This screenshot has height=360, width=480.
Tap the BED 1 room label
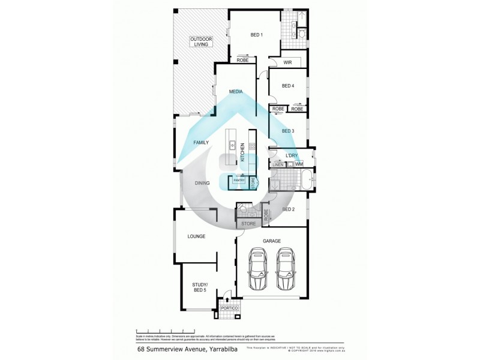[x=257, y=35]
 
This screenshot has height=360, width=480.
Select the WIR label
[x=287, y=61]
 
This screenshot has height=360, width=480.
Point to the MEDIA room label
[x=235, y=92]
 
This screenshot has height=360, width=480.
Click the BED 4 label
[x=288, y=86]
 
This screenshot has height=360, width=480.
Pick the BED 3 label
[x=288, y=131]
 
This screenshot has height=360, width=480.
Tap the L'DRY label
[x=292, y=155]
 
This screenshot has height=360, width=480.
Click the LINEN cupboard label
[x=278, y=164]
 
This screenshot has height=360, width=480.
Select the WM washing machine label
[x=299, y=164]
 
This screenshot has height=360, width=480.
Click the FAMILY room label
[x=200, y=143]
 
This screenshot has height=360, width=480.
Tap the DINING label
[x=202, y=184]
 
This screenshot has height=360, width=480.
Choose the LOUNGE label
[x=196, y=236]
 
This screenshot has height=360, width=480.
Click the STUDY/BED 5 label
[x=200, y=287]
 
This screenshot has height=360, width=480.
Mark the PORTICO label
[x=229, y=308]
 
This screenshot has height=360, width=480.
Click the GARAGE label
[x=272, y=241]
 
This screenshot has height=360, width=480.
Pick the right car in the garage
[x=285, y=271]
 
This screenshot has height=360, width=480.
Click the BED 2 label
[x=288, y=209]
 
